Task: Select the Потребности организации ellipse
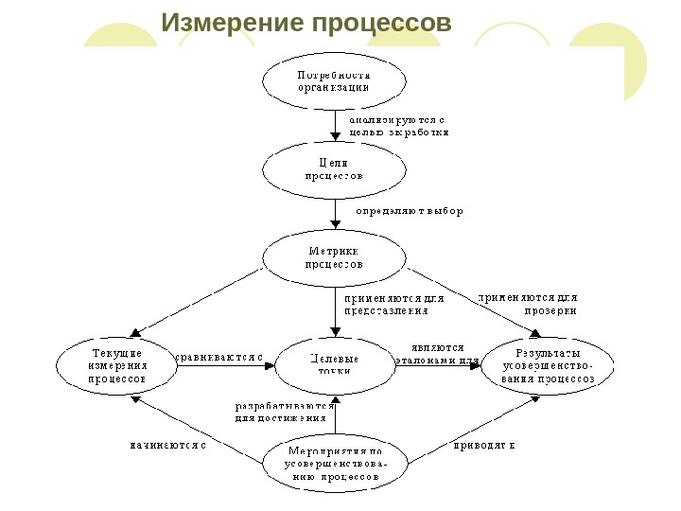point(334,80)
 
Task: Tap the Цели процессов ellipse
point(334,169)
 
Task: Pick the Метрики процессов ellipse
point(334,257)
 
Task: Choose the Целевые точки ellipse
point(335,364)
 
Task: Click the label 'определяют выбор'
point(409,211)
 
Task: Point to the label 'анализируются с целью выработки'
point(397,127)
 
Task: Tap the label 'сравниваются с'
point(220,358)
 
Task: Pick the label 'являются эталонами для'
point(438,353)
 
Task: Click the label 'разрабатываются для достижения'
point(281,410)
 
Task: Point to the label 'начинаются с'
point(167,443)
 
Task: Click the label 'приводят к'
point(483,443)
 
